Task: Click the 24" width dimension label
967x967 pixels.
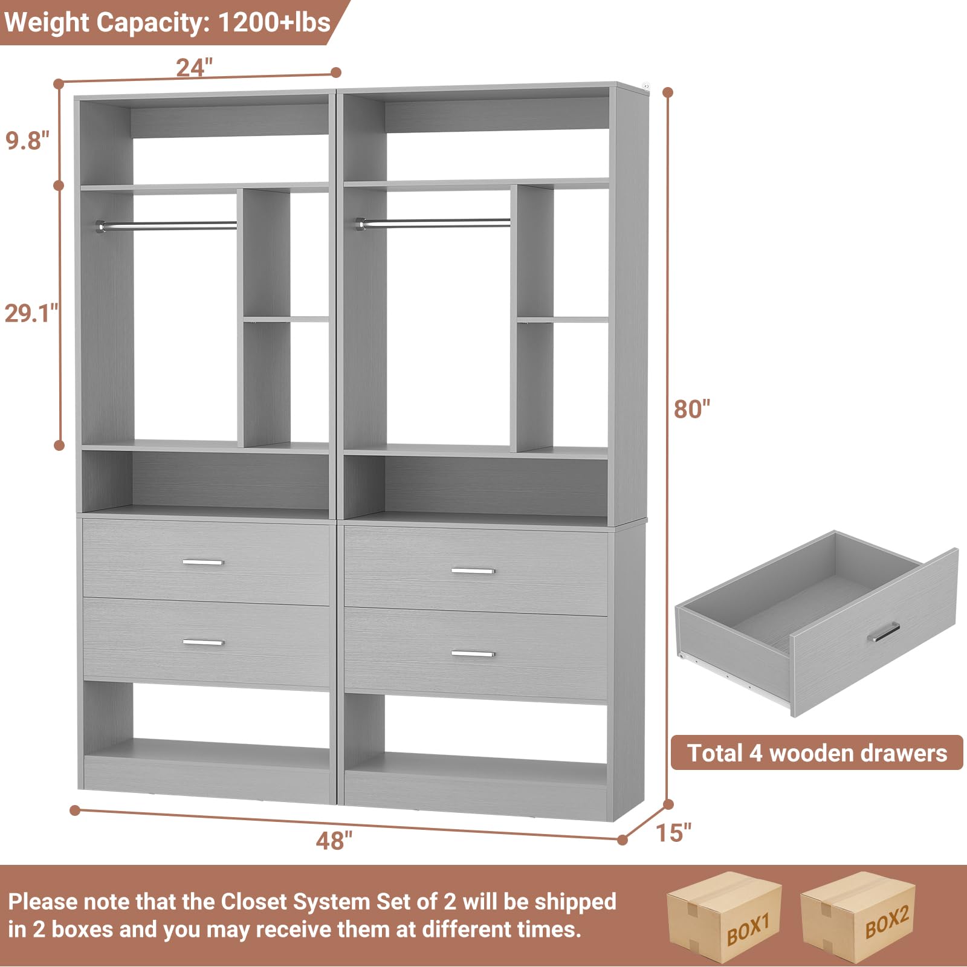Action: point(194,67)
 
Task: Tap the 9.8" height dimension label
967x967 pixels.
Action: point(27,140)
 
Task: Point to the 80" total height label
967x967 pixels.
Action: point(692,409)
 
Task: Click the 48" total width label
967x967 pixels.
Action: point(334,840)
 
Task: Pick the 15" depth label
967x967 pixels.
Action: point(673,833)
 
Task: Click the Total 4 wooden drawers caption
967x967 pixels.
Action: point(817,753)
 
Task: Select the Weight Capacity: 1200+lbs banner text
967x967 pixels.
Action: point(167,22)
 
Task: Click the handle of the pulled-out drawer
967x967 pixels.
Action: point(884,632)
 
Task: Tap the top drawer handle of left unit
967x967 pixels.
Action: point(203,562)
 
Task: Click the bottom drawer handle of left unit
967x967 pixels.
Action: point(203,642)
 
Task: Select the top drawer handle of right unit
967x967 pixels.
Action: point(473,571)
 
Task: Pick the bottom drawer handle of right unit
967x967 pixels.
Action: point(473,654)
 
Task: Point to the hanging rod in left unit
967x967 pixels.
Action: point(167,225)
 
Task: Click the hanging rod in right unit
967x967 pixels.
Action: point(435,223)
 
